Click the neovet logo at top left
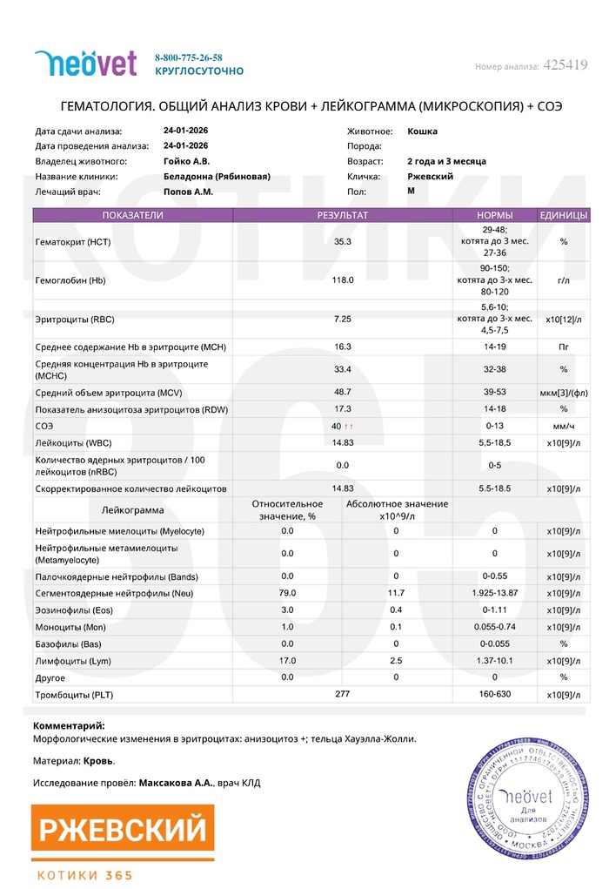tap(85, 63)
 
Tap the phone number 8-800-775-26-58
tap(188, 57)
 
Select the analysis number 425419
tap(565, 65)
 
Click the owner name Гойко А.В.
tap(185, 161)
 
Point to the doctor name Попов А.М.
tap(188, 191)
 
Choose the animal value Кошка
tap(422, 131)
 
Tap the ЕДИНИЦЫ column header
tap(563, 215)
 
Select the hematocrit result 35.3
tap(342, 241)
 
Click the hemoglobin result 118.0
tap(344, 280)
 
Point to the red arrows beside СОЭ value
tap(349, 427)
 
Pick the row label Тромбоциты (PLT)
tap(74, 696)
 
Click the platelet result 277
tap(342, 695)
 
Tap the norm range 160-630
tap(494, 696)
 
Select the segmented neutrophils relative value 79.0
tap(287, 593)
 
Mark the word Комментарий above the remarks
tap(69, 725)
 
